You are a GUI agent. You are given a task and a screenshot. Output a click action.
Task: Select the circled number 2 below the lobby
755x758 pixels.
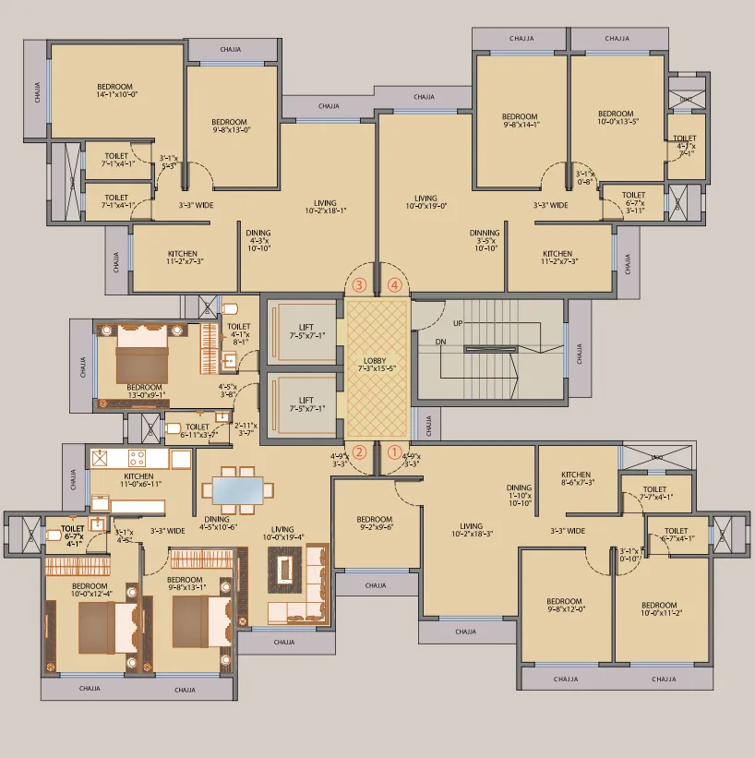click(x=359, y=452)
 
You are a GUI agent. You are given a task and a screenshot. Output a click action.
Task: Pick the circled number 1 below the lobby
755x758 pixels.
click(x=394, y=452)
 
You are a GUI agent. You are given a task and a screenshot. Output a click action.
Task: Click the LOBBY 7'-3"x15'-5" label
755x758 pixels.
click(x=377, y=362)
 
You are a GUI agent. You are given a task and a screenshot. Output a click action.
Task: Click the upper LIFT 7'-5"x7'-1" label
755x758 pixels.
click(x=306, y=331)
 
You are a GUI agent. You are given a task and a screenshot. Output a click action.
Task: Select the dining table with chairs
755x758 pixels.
click(x=237, y=487)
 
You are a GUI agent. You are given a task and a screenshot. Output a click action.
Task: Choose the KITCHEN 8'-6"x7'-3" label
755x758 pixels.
click(x=576, y=478)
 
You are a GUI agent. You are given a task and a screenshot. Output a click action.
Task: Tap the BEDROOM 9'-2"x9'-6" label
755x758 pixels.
click(x=375, y=523)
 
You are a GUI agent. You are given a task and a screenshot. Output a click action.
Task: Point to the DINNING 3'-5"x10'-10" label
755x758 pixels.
click(x=485, y=240)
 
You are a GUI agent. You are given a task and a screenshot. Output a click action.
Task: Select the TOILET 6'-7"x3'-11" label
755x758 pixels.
click(x=633, y=202)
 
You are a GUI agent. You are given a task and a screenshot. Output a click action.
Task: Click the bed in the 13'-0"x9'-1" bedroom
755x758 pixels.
click(x=141, y=351)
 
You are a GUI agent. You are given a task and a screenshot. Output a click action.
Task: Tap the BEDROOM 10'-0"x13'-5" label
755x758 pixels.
click(x=616, y=117)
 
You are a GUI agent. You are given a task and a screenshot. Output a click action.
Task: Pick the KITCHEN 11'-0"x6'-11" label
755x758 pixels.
click(x=138, y=480)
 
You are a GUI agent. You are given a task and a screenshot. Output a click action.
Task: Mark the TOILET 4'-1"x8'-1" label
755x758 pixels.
click(x=238, y=332)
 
